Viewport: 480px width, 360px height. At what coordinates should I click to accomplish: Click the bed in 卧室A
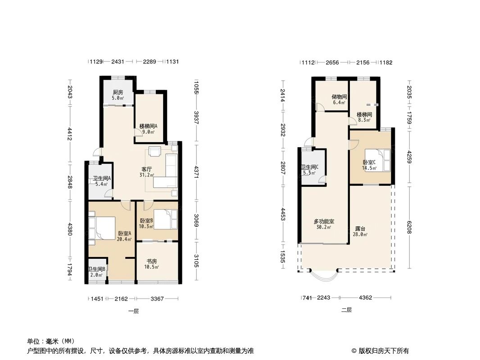(x=102, y=228)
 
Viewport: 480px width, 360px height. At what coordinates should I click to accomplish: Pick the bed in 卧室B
(x=165, y=219)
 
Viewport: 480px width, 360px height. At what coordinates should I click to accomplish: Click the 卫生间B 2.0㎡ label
(x=97, y=272)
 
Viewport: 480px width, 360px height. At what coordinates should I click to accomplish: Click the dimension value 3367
(x=157, y=298)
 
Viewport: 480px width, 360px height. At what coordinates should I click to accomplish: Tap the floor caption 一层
(x=133, y=311)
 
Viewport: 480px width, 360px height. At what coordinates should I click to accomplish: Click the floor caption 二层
(x=346, y=310)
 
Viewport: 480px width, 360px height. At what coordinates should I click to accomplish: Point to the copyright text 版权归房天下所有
(x=384, y=351)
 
